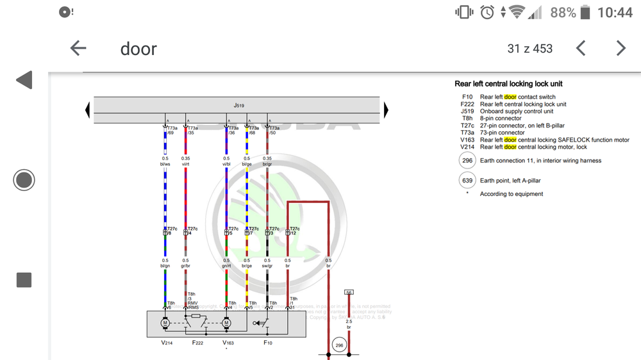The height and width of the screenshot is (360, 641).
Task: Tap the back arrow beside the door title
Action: tap(78, 48)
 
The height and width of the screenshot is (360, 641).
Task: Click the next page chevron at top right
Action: tap(620, 48)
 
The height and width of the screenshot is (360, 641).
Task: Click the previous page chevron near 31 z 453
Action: tap(581, 48)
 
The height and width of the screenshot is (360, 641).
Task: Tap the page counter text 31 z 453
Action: tap(529, 49)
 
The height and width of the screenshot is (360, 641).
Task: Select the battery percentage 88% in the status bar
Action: tap(563, 12)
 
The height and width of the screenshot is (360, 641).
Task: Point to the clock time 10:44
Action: tap(614, 12)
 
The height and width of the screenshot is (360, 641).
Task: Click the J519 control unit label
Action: tap(238, 105)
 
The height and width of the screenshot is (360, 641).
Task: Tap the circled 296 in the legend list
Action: tap(467, 161)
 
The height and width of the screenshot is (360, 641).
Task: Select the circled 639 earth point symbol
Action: tap(467, 181)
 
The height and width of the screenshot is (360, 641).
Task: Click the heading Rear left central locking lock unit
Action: tap(508, 84)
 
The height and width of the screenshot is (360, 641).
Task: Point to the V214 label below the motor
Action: tap(167, 343)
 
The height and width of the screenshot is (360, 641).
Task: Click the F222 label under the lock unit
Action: tap(198, 343)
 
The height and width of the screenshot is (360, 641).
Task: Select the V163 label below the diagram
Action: tap(228, 343)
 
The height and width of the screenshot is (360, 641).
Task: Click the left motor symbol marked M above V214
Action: tap(165, 323)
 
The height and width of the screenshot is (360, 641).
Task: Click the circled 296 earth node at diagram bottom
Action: tap(338, 346)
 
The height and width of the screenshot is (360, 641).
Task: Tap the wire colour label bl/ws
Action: tap(165, 165)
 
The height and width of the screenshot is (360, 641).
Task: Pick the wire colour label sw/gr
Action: tap(267, 266)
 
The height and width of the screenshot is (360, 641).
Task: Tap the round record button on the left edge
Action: tap(24, 180)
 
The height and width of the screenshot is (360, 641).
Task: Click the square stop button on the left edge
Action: tap(24, 279)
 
